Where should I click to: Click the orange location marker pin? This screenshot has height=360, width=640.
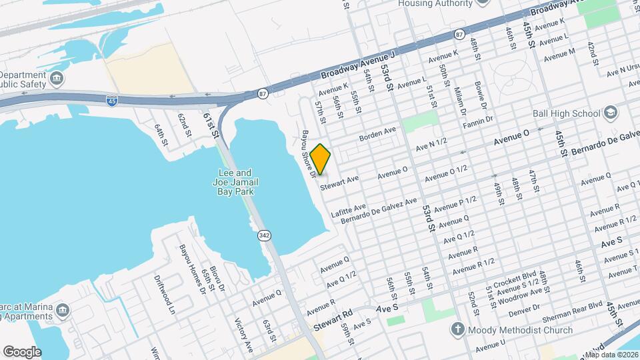pyautogui.click(x=320, y=159)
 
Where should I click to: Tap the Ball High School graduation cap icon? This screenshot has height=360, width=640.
pyautogui.click(x=609, y=113)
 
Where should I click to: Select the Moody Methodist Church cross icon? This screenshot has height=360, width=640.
pyautogui.click(x=457, y=329)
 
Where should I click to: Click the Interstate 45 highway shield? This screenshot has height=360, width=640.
pyautogui.click(x=111, y=101)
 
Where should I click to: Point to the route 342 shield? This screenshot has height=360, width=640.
pyautogui.click(x=263, y=235)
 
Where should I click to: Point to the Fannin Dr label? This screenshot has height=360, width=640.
pyautogui.click(x=479, y=120)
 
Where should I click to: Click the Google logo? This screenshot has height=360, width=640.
pyautogui.click(x=22, y=351)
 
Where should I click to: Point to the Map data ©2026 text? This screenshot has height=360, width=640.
pyautogui.click(x=611, y=355)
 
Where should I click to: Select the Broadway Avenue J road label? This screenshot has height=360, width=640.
pyautogui.click(x=358, y=67)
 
